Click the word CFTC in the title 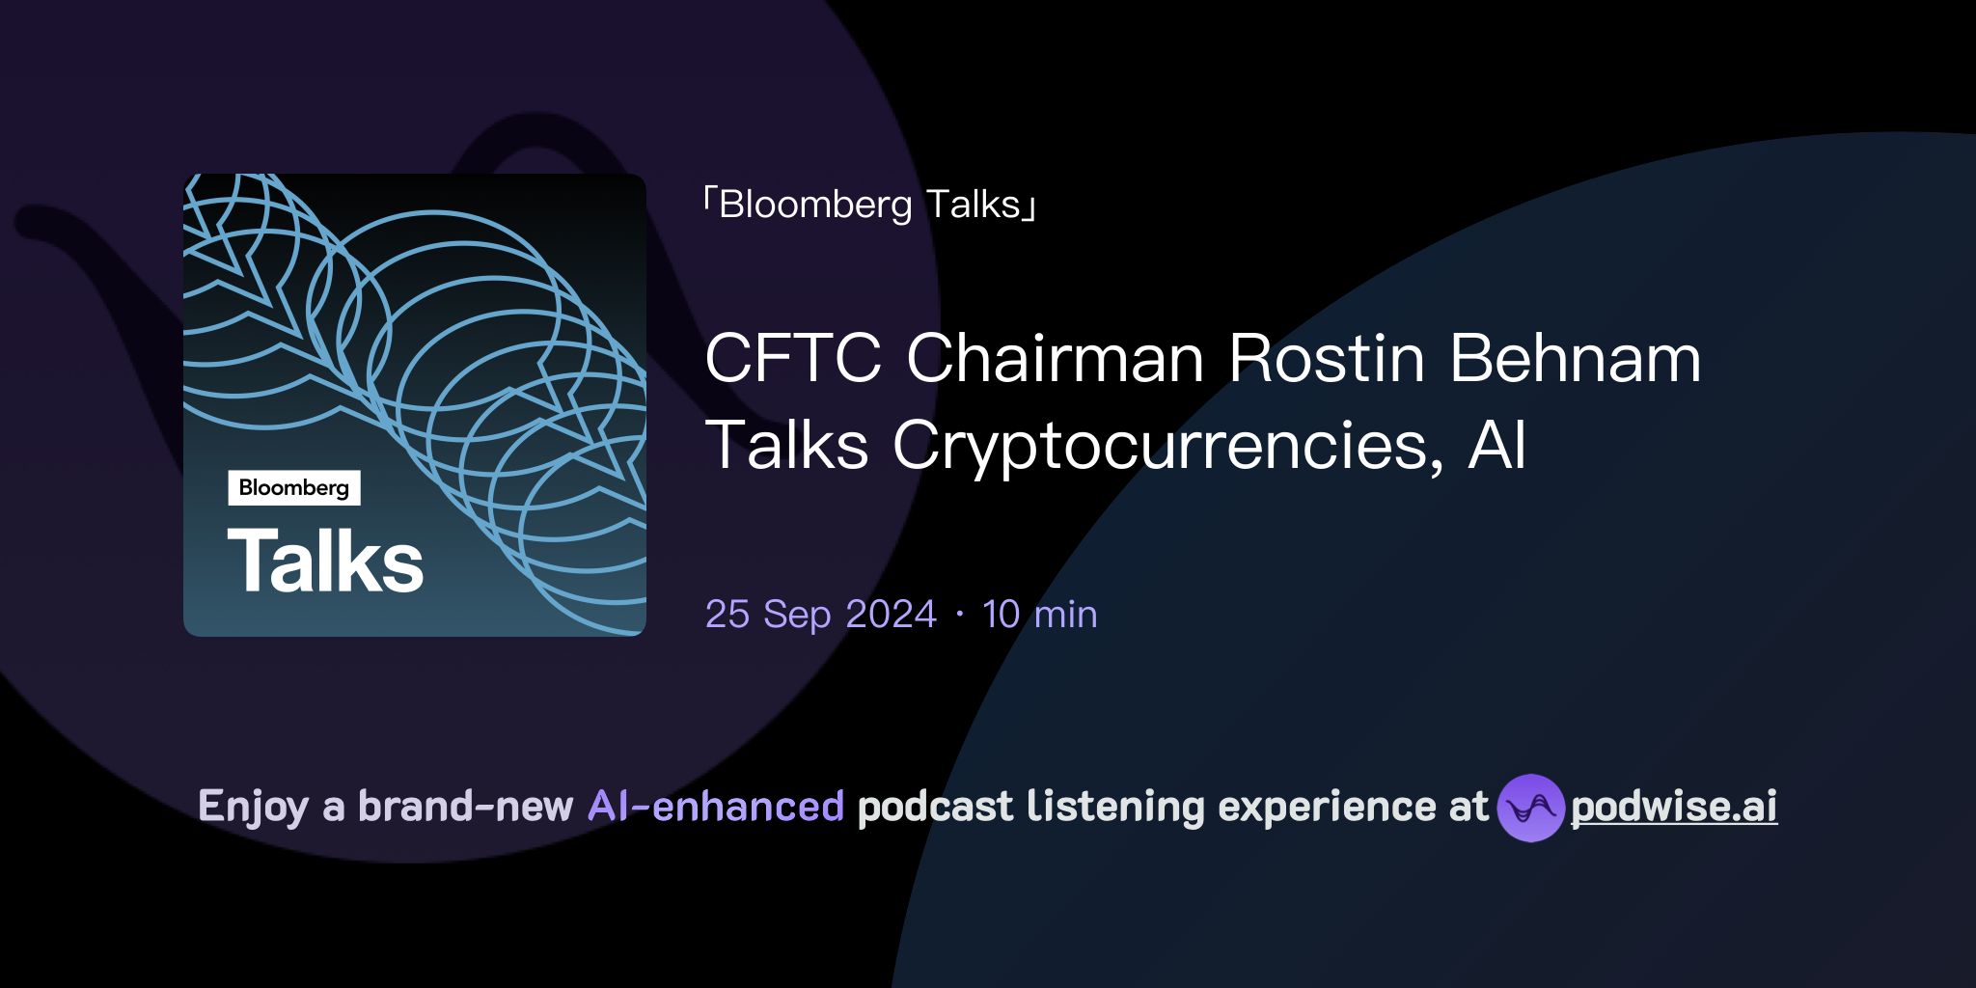[792, 359]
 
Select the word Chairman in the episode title [1055, 359]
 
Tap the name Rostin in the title [1327, 359]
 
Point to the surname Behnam [1575, 359]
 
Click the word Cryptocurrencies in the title [1167, 446]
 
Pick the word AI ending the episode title [1496, 446]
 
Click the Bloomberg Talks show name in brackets [869, 205]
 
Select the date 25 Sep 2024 [820, 615]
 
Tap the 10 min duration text [1039, 615]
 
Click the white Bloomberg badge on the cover [294, 488]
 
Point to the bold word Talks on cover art [326, 562]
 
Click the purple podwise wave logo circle [1530, 808]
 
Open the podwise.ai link [1674, 808]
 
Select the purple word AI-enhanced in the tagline [716, 807]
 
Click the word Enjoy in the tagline [253, 808]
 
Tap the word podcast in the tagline [935, 807]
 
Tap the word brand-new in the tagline [465, 807]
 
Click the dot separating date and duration [959, 615]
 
